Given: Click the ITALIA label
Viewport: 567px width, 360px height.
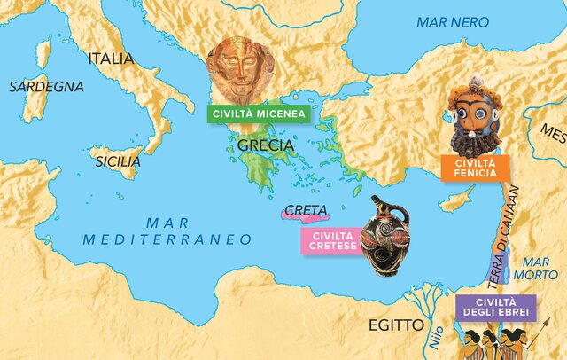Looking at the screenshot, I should pyautogui.click(x=111, y=59).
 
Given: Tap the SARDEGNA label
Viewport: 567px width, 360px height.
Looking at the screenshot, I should pyautogui.click(x=46, y=87).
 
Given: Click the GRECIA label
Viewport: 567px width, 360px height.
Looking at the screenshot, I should pyautogui.click(x=267, y=145).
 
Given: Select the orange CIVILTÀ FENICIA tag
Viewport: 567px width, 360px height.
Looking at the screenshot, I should pyautogui.click(x=475, y=168).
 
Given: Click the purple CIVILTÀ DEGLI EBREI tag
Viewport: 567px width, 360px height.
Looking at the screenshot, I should pyautogui.click(x=495, y=307).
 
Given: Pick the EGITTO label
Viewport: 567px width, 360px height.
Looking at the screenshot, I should pyautogui.click(x=398, y=325).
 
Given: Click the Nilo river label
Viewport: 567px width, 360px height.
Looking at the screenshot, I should pyautogui.click(x=433, y=336).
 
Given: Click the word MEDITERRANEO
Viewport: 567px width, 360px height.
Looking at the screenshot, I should pyautogui.click(x=167, y=239).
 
